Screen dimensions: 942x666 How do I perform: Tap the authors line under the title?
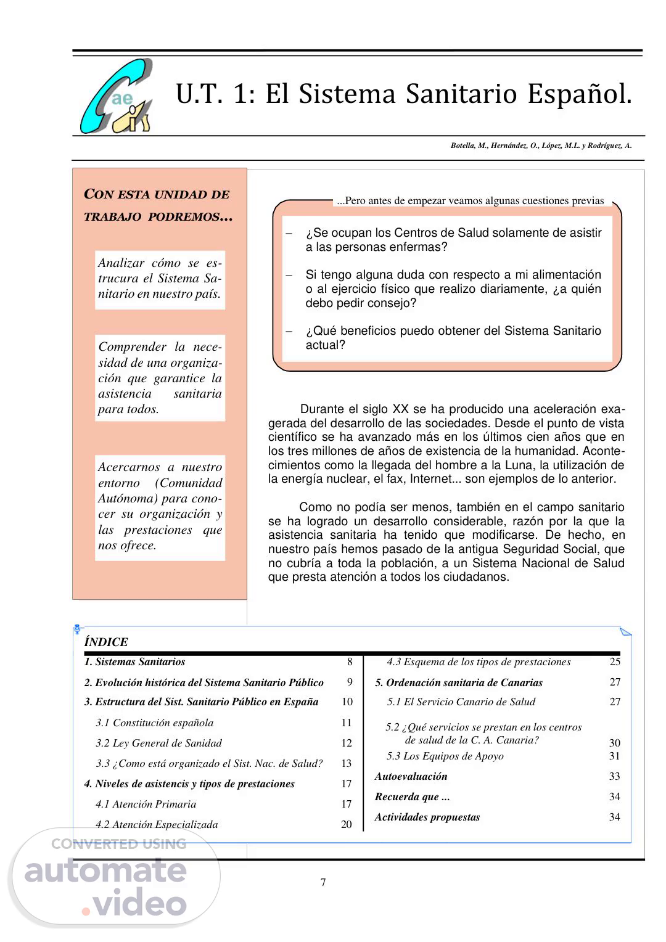tap(541, 146)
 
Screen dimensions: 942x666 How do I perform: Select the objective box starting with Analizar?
tap(160, 279)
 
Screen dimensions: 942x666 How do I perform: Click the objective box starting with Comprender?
tap(160, 378)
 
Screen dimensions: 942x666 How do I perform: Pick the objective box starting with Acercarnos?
tap(160, 506)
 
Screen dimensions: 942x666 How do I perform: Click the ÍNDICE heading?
tap(106, 642)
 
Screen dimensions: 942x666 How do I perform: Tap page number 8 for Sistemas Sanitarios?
tap(350, 661)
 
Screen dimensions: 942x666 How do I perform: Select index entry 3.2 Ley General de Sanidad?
tap(158, 743)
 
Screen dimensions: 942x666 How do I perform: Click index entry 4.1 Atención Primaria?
tap(146, 804)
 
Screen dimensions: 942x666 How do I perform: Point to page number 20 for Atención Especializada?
tap(347, 824)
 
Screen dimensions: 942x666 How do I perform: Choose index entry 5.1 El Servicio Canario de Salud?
tap(461, 702)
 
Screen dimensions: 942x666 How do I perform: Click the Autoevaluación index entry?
tap(411, 776)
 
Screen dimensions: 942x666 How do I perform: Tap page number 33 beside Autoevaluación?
tap(614, 776)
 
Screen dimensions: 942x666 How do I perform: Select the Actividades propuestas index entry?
tap(427, 817)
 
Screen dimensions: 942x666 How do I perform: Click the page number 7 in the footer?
tap(323, 882)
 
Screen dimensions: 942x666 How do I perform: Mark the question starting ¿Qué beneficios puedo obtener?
tap(453, 338)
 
